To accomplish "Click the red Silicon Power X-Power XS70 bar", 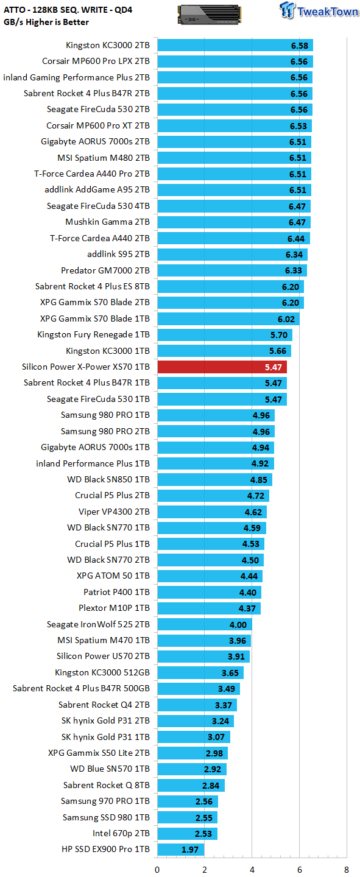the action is [222, 367].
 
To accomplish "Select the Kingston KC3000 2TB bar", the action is [235, 45].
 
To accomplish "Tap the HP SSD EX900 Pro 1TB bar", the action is [180, 849].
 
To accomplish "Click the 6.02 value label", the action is [286, 319].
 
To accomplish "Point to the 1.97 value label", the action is [189, 850].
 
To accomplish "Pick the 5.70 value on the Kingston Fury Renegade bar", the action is [279, 335].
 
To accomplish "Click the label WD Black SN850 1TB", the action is [108, 479].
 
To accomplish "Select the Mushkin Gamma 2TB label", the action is [107, 222].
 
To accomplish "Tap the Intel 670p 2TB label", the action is [121, 833].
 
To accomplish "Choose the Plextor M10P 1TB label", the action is [114, 608].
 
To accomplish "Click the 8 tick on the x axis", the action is [346, 870].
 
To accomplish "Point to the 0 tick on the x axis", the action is [157, 870].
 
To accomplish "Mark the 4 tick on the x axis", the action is [252, 870].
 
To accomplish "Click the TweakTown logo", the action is [319, 10].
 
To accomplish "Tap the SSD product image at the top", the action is [209, 14].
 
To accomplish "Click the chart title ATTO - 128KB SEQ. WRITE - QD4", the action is [68, 10].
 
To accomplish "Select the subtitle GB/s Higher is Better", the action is [46, 22].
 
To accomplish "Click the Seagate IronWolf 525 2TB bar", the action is [205, 624].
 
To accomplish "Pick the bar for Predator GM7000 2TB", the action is [232, 270].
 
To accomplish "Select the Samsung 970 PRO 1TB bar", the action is [188, 801].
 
